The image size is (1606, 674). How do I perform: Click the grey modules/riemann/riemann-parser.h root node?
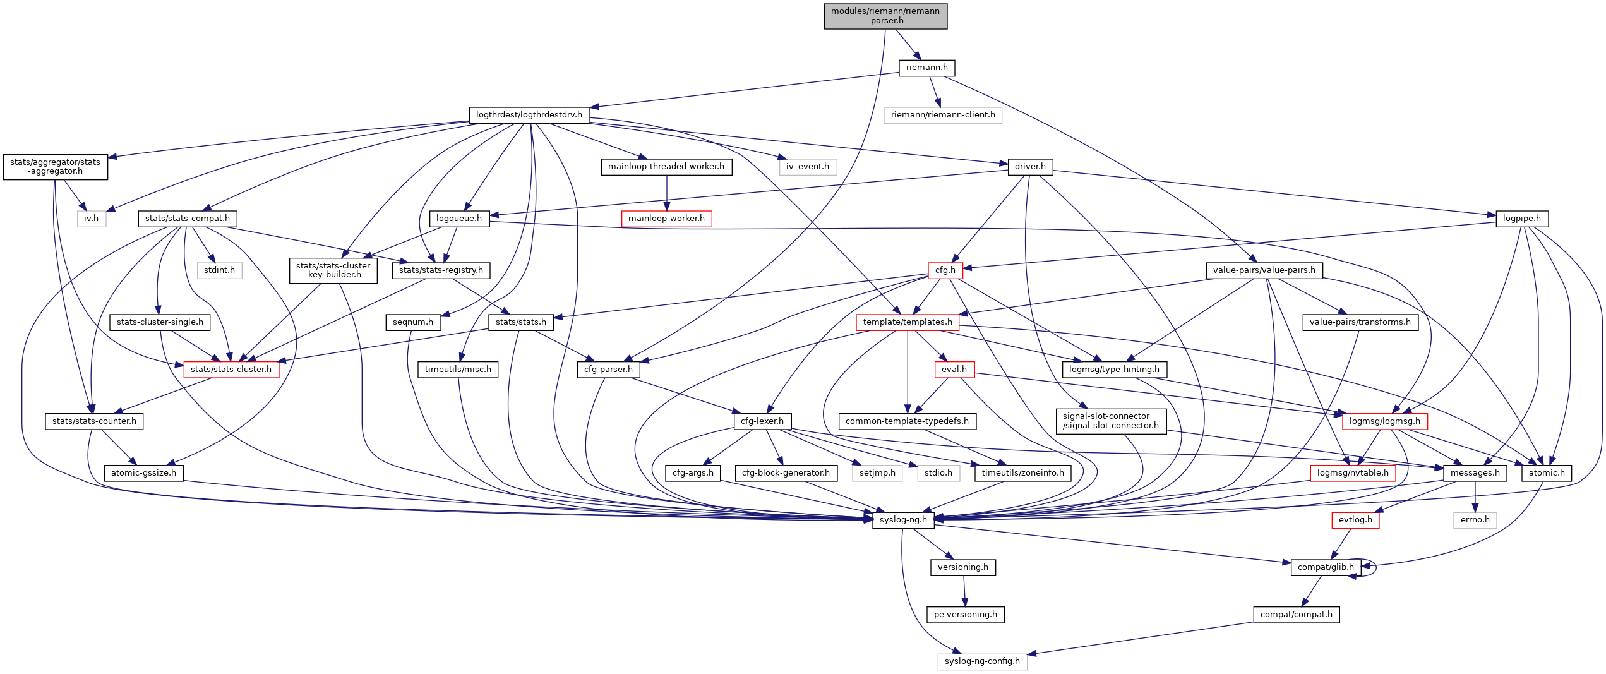pos(885,16)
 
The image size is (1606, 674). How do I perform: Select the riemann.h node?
pos(926,68)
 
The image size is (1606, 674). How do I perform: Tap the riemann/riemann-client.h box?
pos(942,115)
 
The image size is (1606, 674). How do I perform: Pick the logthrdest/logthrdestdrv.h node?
pos(529,115)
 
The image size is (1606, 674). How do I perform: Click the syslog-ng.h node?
pos(902,520)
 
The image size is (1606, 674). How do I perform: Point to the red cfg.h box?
pos(945,270)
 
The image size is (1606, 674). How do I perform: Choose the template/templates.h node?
pos(907,322)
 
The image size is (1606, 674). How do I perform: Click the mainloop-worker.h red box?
pos(666,219)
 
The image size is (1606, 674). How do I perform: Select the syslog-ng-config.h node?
pos(981,661)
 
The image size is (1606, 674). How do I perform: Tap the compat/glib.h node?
pos(1325,567)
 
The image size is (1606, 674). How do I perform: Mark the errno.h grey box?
pos(1475,520)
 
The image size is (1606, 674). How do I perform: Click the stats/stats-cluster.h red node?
pos(231,370)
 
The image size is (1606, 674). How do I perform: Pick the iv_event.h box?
pos(807,167)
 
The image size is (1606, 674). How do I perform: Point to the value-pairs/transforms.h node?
pos(1360,322)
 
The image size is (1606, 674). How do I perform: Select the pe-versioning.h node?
pos(965,615)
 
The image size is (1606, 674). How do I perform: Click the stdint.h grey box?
pos(219,270)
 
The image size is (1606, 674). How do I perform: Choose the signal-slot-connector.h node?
pos(1110,421)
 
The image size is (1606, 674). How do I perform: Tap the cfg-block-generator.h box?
pos(786,473)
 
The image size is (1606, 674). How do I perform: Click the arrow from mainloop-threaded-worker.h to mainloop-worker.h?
pos(666,193)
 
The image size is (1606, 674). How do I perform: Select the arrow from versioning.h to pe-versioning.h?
pos(964,591)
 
